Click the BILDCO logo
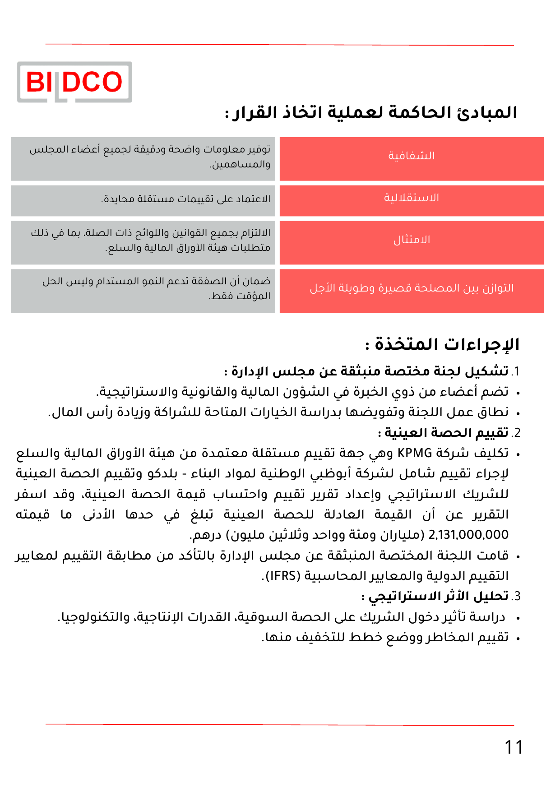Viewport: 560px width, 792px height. [74, 82]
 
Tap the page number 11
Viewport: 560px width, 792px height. [514, 747]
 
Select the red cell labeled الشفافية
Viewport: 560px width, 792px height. [412, 156]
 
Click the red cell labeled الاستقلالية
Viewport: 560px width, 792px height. [412, 198]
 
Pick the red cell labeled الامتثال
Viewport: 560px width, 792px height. [412, 240]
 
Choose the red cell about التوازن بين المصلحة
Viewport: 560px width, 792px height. [412, 288]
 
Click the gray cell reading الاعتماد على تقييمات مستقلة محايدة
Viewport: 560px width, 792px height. [186, 199]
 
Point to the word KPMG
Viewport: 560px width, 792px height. [415, 453]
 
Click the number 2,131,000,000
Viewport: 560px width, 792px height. [468, 535]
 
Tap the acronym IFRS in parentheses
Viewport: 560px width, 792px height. [282, 576]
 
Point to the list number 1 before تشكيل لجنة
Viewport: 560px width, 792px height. [516, 371]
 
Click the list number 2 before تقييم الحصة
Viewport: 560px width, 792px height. [516, 433]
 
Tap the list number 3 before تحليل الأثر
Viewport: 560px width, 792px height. [516, 596]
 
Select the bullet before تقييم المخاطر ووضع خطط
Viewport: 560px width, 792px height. [518, 639]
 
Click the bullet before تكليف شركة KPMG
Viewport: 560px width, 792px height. [518, 454]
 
